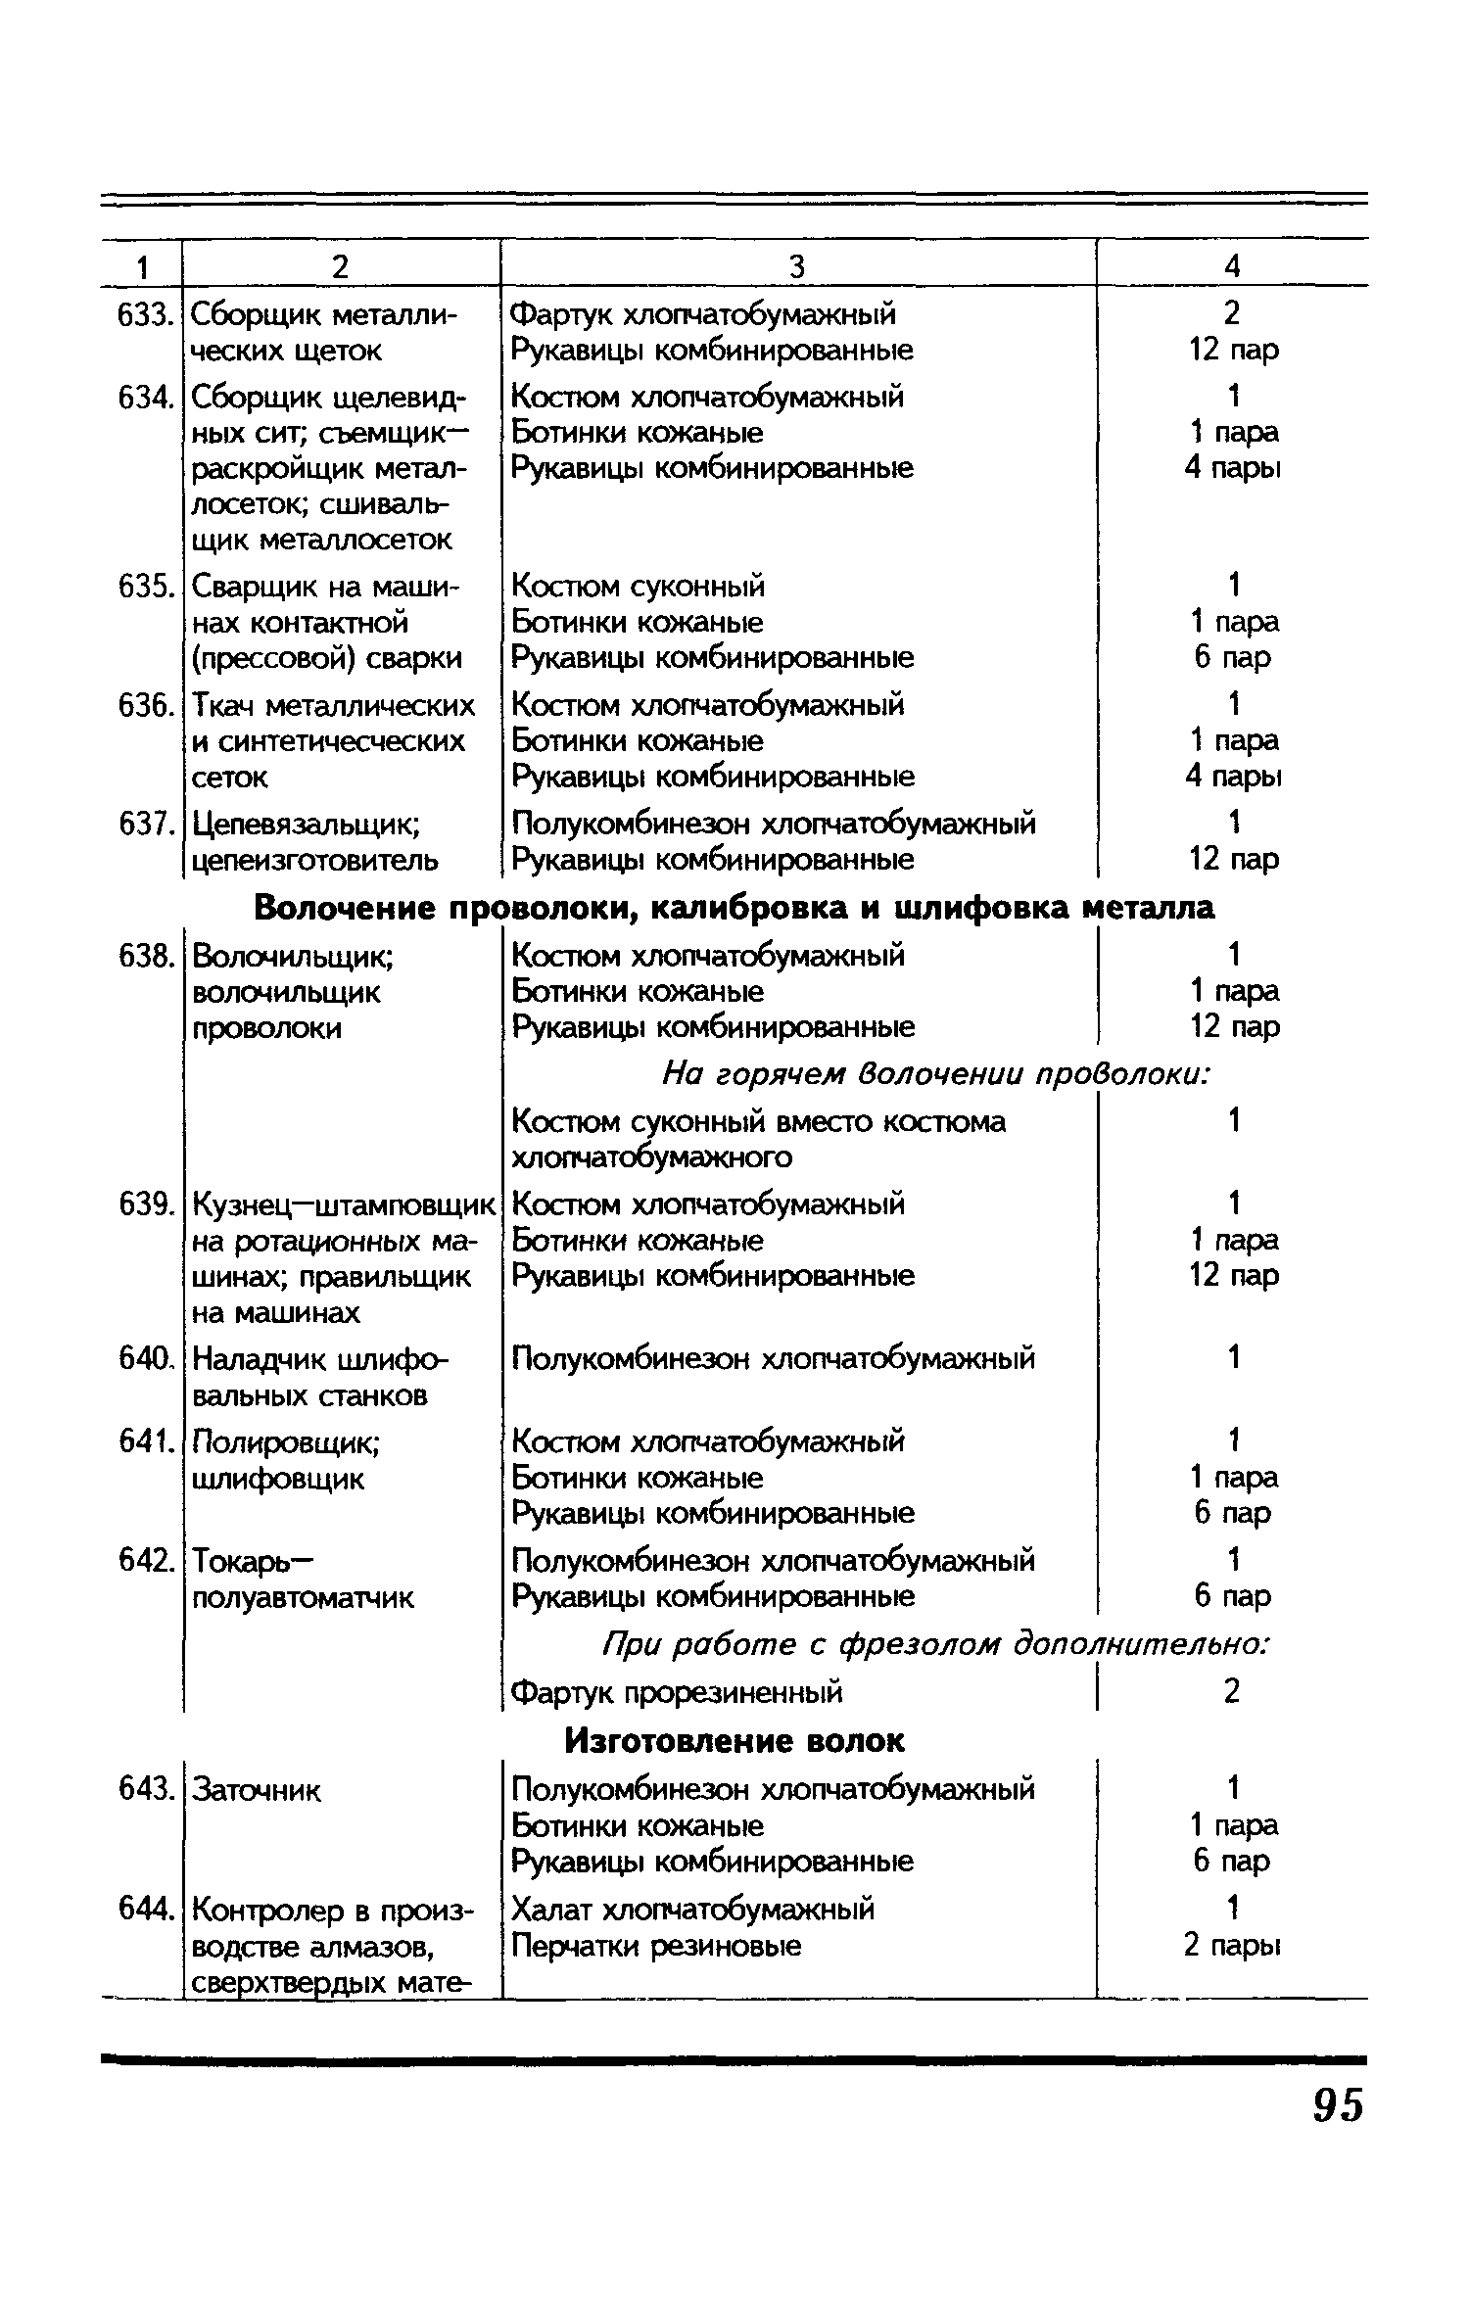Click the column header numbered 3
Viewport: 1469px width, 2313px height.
coord(797,266)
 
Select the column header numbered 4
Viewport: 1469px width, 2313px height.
coord(1232,266)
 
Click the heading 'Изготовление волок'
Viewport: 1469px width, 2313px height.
coord(735,1740)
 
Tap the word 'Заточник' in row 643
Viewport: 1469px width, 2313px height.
coord(257,1790)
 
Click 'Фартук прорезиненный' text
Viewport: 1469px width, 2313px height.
coord(678,1691)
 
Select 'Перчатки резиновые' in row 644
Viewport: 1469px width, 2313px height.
coord(657,1945)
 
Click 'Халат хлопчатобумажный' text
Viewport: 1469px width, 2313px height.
coord(693,1909)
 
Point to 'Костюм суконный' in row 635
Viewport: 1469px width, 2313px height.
coord(639,587)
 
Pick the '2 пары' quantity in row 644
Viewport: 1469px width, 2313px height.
coord(1232,1945)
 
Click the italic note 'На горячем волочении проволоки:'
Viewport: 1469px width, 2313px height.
coord(937,1075)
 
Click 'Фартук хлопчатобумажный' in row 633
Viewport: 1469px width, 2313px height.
coord(704,314)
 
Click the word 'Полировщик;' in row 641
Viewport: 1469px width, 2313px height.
coord(287,1441)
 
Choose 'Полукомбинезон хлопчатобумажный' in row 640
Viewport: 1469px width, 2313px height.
coord(774,1358)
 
